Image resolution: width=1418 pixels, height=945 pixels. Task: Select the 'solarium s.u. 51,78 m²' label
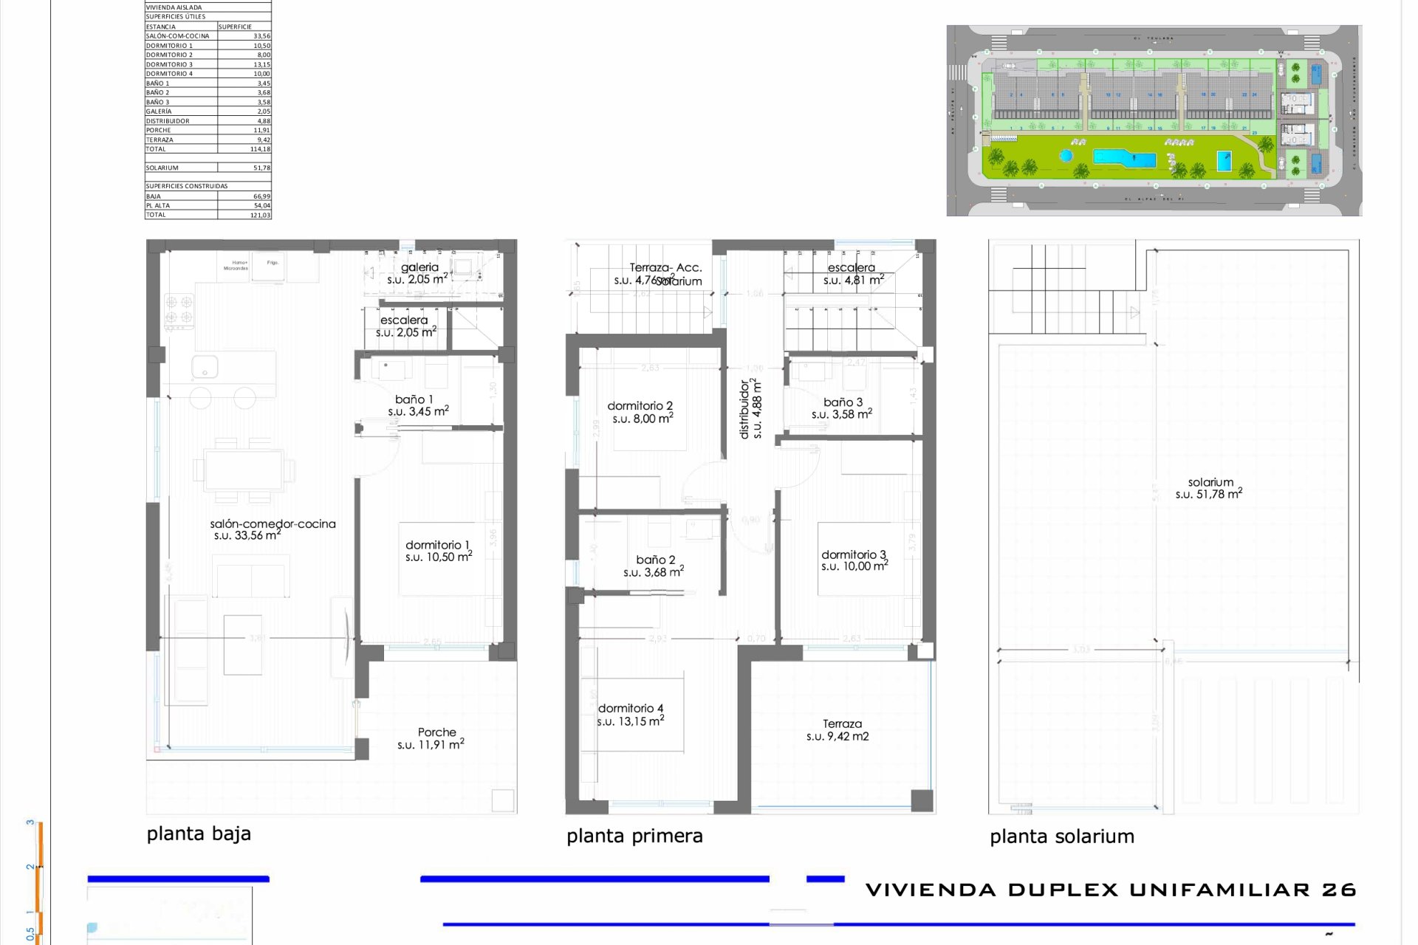click(1209, 488)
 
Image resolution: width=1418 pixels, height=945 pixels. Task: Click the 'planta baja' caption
click(199, 834)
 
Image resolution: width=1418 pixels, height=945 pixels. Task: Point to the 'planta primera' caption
click(634, 836)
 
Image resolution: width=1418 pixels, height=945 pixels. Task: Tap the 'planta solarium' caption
click(1061, 836)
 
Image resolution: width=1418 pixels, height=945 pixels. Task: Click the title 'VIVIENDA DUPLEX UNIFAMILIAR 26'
click(1110, 890)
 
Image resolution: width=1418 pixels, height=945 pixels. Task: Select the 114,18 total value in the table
click(259, 149)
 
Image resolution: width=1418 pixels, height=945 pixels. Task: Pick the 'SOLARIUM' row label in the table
click(162, 168)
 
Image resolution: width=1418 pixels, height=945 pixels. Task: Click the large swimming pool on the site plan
click(1123, 158)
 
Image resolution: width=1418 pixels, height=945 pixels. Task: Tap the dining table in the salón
click(244, 470)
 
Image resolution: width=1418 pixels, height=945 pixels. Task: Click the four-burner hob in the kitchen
click(179, 310)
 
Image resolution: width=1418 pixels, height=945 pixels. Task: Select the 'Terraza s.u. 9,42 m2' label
click(840, 729)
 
